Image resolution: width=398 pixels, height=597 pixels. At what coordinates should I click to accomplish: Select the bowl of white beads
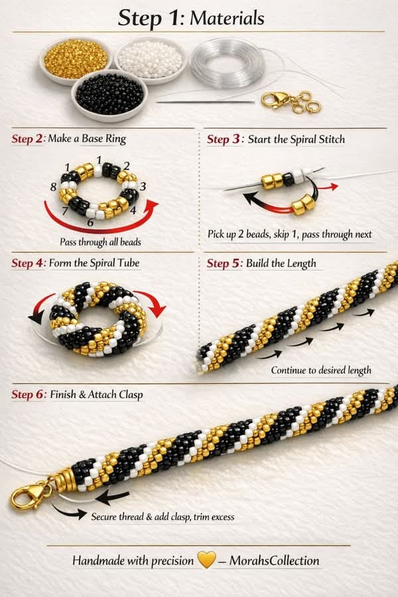149,58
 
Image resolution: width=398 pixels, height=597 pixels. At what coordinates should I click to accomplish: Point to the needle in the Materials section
206,102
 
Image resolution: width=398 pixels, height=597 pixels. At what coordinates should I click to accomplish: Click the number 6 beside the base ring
90,222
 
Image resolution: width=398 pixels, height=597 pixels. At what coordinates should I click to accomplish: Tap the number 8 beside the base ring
54,188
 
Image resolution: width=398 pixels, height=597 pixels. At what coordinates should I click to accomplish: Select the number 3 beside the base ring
143,186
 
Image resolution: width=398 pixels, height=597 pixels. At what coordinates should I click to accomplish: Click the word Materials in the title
227,18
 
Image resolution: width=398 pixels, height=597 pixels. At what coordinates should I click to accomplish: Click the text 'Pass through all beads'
100,241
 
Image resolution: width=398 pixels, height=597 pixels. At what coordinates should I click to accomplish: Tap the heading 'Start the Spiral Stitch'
296,139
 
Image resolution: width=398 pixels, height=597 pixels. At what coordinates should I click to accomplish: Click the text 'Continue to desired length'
321,370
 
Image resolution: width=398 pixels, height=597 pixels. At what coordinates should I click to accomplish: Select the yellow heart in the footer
206,561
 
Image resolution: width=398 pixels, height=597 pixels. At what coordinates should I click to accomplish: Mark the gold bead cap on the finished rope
63,479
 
